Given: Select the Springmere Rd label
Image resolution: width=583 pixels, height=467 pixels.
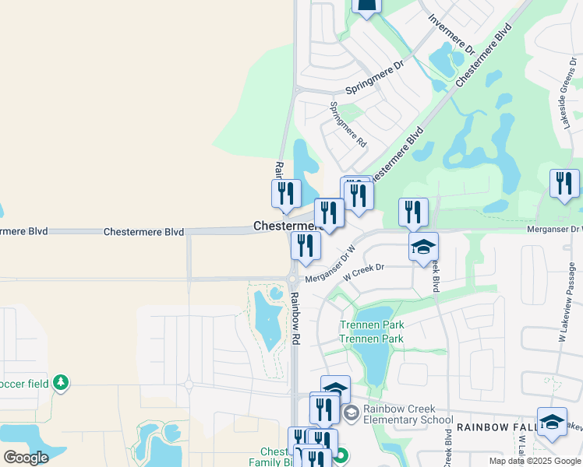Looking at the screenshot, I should [x=348, y=125].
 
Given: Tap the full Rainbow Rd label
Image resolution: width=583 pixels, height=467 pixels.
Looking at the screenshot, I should [x=295, y=318].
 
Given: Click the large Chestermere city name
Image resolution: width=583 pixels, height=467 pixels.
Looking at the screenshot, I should [x=287, y=226].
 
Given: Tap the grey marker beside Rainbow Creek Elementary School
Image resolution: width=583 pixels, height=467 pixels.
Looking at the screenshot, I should [x=351, y=412].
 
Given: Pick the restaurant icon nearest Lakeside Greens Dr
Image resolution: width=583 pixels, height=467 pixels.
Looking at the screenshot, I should [x=564, y=184].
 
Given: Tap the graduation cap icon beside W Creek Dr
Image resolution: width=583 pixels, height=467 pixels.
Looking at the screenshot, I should [x=423, y=247].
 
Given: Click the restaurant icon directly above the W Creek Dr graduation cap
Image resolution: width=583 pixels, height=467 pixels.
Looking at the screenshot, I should [x=413, y=212].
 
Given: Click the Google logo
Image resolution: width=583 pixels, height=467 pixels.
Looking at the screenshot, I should [x=26, y=458].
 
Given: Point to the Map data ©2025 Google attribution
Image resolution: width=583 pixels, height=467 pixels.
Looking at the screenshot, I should [x=535, y=461].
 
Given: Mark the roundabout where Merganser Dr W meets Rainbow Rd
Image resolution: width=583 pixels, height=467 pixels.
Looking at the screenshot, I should [x=292, y=279].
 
